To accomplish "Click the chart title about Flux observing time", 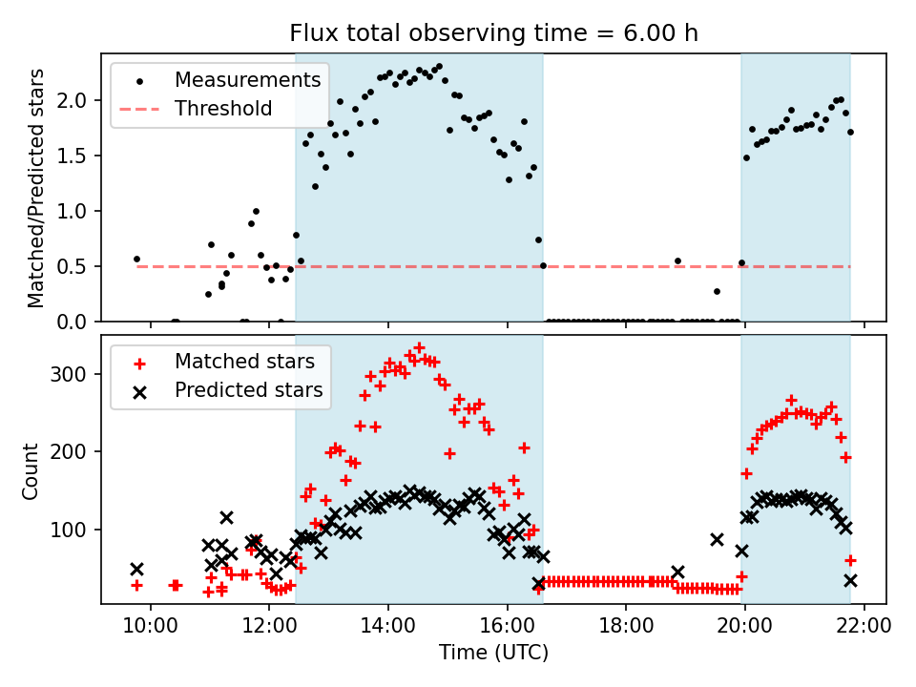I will pyautogui.click(x=494, y=33).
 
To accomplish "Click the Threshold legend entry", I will pyautogui.click(x=223, y=109).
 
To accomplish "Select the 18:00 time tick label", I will pyautogui.click(x=626, y=627).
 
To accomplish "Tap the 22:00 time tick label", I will pyautogui.click(x=864, y=627).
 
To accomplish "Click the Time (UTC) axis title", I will pyautogui.click(x=494, y=654).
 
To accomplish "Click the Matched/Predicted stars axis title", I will pyautogui.click(x=35, y=188).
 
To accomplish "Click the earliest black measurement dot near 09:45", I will pyautogui.click(x=136, y=259).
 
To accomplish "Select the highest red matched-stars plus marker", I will pyautogui.click(x=419, y=348).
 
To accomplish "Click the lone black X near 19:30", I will pyautogui.click(x=717, y=539).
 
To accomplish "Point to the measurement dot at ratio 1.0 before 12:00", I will pyautogui.click(x=256, y=211).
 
